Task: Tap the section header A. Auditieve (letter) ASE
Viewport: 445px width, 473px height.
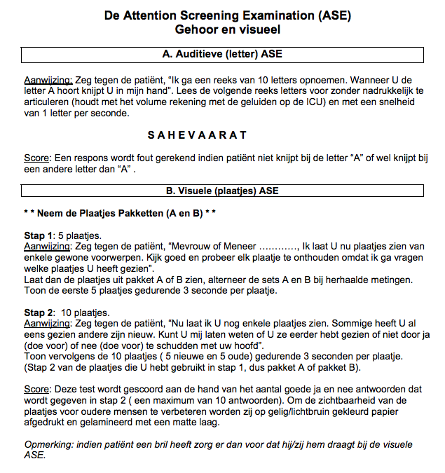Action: coord(222,54)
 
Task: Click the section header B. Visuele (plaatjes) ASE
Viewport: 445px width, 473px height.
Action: coord(222,190)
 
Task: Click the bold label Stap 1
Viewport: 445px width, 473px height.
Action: coord(38,235)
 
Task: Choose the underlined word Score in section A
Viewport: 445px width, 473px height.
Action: coord(36,158)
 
